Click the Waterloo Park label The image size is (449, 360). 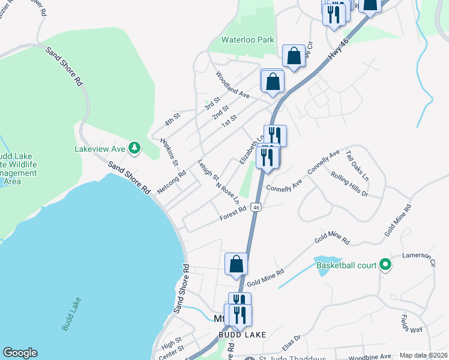(x=247, y=40)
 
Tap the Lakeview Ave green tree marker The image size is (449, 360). (x=136, y=148)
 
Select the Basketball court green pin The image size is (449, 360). (x=385, y=265)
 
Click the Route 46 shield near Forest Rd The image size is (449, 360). (x=256, y=207)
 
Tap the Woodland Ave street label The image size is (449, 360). (x=232, y=86)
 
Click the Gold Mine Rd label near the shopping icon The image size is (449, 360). (x=265, y=277)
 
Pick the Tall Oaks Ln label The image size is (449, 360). (x=357, y=162)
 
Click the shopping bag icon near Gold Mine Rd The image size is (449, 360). (x=237, y=264)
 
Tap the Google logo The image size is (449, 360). (x=20, y=353)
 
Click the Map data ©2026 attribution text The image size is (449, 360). (x=424, y=355)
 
